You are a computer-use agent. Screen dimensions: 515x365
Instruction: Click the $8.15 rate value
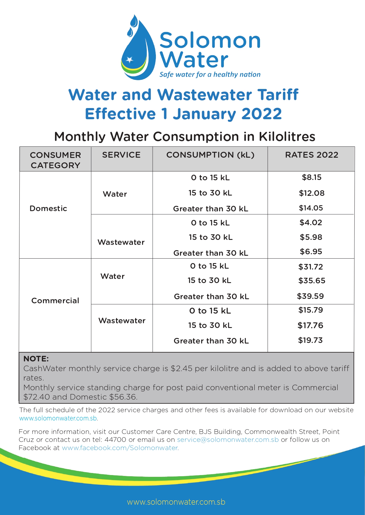pyautogui.click(x=311, y=177)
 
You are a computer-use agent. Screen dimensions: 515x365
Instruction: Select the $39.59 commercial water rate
pyautogui.click(x=310, y=296)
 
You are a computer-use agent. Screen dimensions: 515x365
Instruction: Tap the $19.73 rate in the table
pyautogui.click(x=310, y=340)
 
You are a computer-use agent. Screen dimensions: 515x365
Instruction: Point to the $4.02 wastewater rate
pyautogui.click(x=311, y=223)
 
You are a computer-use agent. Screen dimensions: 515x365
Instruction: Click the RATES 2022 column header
pyautogui.click(x=311, y=155)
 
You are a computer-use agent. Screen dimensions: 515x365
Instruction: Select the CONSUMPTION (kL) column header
pyautogui.click(x=210, y=155)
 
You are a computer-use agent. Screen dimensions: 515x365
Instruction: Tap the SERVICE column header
pyautogui.click(x=121, y=155)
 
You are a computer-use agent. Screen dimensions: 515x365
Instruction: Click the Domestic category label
pyautogui.click(x=48, y=208)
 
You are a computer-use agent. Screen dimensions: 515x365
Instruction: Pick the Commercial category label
pyautogui.click(x=55, y=301)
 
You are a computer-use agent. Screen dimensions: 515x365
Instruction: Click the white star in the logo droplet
pyautogui.click(x=129, y=60)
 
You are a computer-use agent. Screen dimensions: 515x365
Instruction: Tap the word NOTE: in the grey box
pyautogui.click(x=36, y=359)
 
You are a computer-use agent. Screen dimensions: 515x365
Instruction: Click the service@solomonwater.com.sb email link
pyautogui.click(x=228, y=440)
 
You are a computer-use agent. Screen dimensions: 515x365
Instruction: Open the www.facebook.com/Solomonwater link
pyautogui.click(x=120, y=448)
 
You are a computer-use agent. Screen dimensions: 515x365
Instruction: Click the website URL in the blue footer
pyautogui.click(x=176, y=502)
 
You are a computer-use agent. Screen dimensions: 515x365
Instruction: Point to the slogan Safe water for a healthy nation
pyautogui.click(x=210, y=75)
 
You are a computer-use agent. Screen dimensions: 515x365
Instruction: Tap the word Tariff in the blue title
pyautogui.click(x=278, y=95)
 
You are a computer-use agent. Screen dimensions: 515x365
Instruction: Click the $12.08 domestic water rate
pyautogui.click(x=311, y=193)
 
